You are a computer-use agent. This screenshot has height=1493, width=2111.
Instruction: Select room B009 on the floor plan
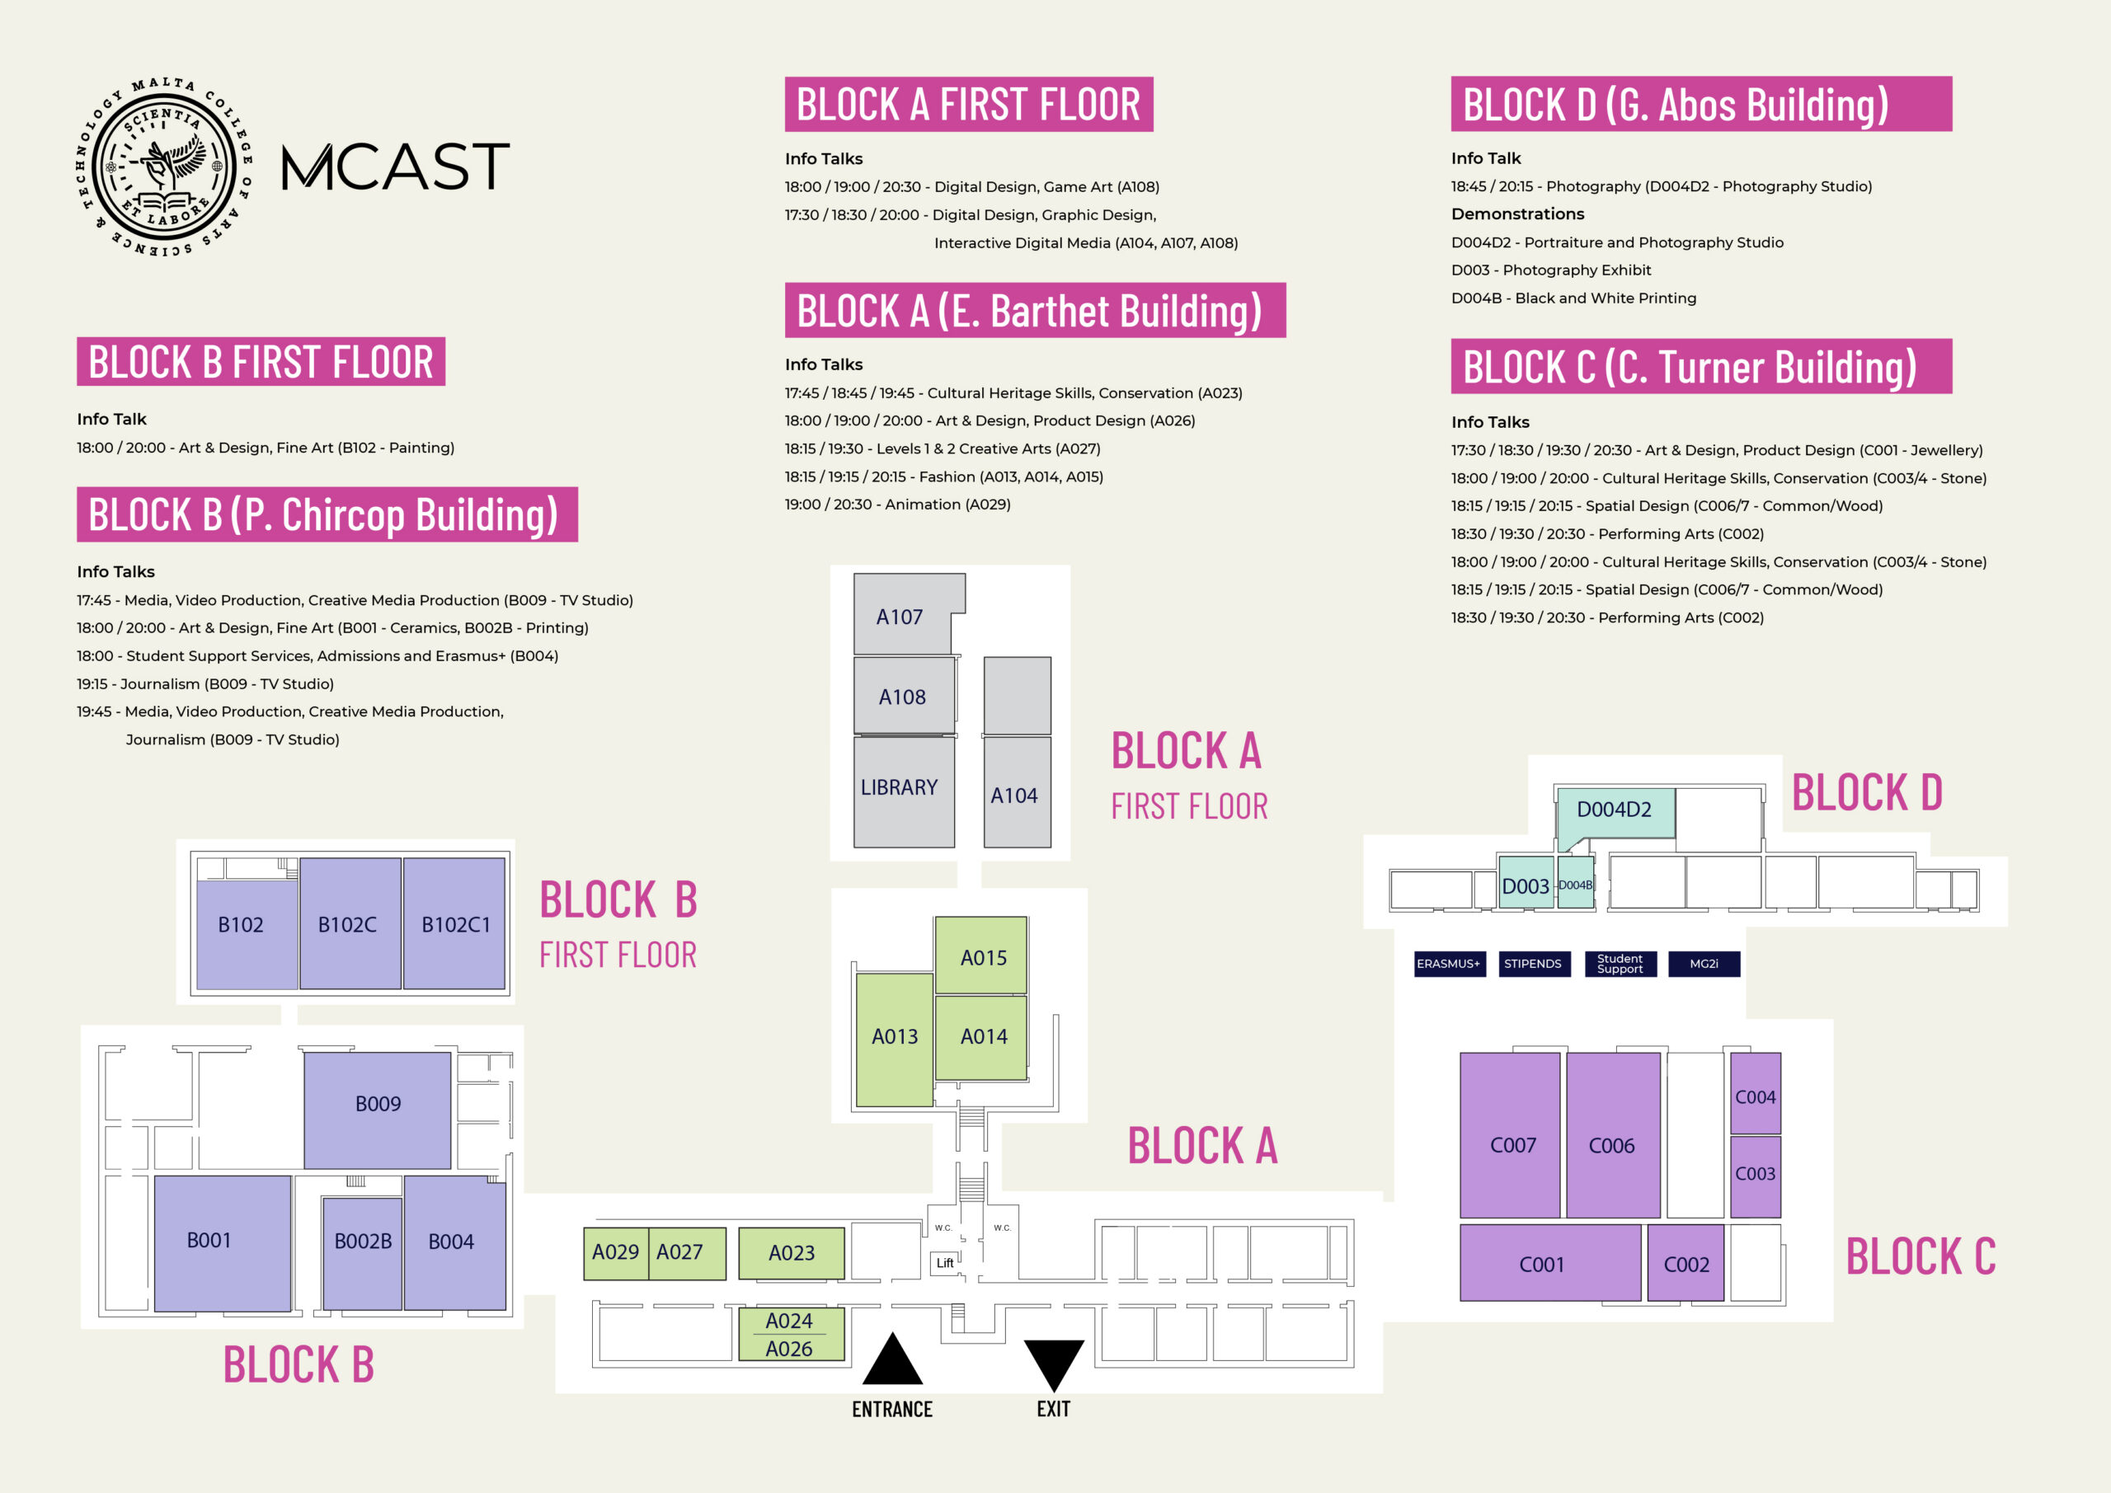pos(377,1110)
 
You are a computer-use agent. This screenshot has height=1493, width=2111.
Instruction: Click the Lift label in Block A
pos(945,1262)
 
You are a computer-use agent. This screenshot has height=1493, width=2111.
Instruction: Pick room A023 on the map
pos(792,1253)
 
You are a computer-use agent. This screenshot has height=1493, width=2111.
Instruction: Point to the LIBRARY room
pos(904,791)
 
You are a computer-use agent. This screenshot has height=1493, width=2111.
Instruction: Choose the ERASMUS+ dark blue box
pos(1449,964)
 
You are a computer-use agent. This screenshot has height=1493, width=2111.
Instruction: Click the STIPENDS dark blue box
pos(1533,964)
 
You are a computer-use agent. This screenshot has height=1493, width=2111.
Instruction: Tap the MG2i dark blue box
pos(1704,964)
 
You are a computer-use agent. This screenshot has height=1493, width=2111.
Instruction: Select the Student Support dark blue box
pos(1620,964)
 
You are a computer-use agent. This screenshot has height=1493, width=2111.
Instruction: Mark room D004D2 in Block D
pos(1615,814)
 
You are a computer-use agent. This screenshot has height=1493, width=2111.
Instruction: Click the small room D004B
pos(1576,884)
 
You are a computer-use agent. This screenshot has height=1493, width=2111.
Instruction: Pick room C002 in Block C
pos(1686,1262)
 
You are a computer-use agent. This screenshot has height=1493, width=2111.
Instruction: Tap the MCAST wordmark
pos(395,167)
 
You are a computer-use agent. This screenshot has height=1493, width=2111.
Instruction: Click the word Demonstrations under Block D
pos(1517,214)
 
